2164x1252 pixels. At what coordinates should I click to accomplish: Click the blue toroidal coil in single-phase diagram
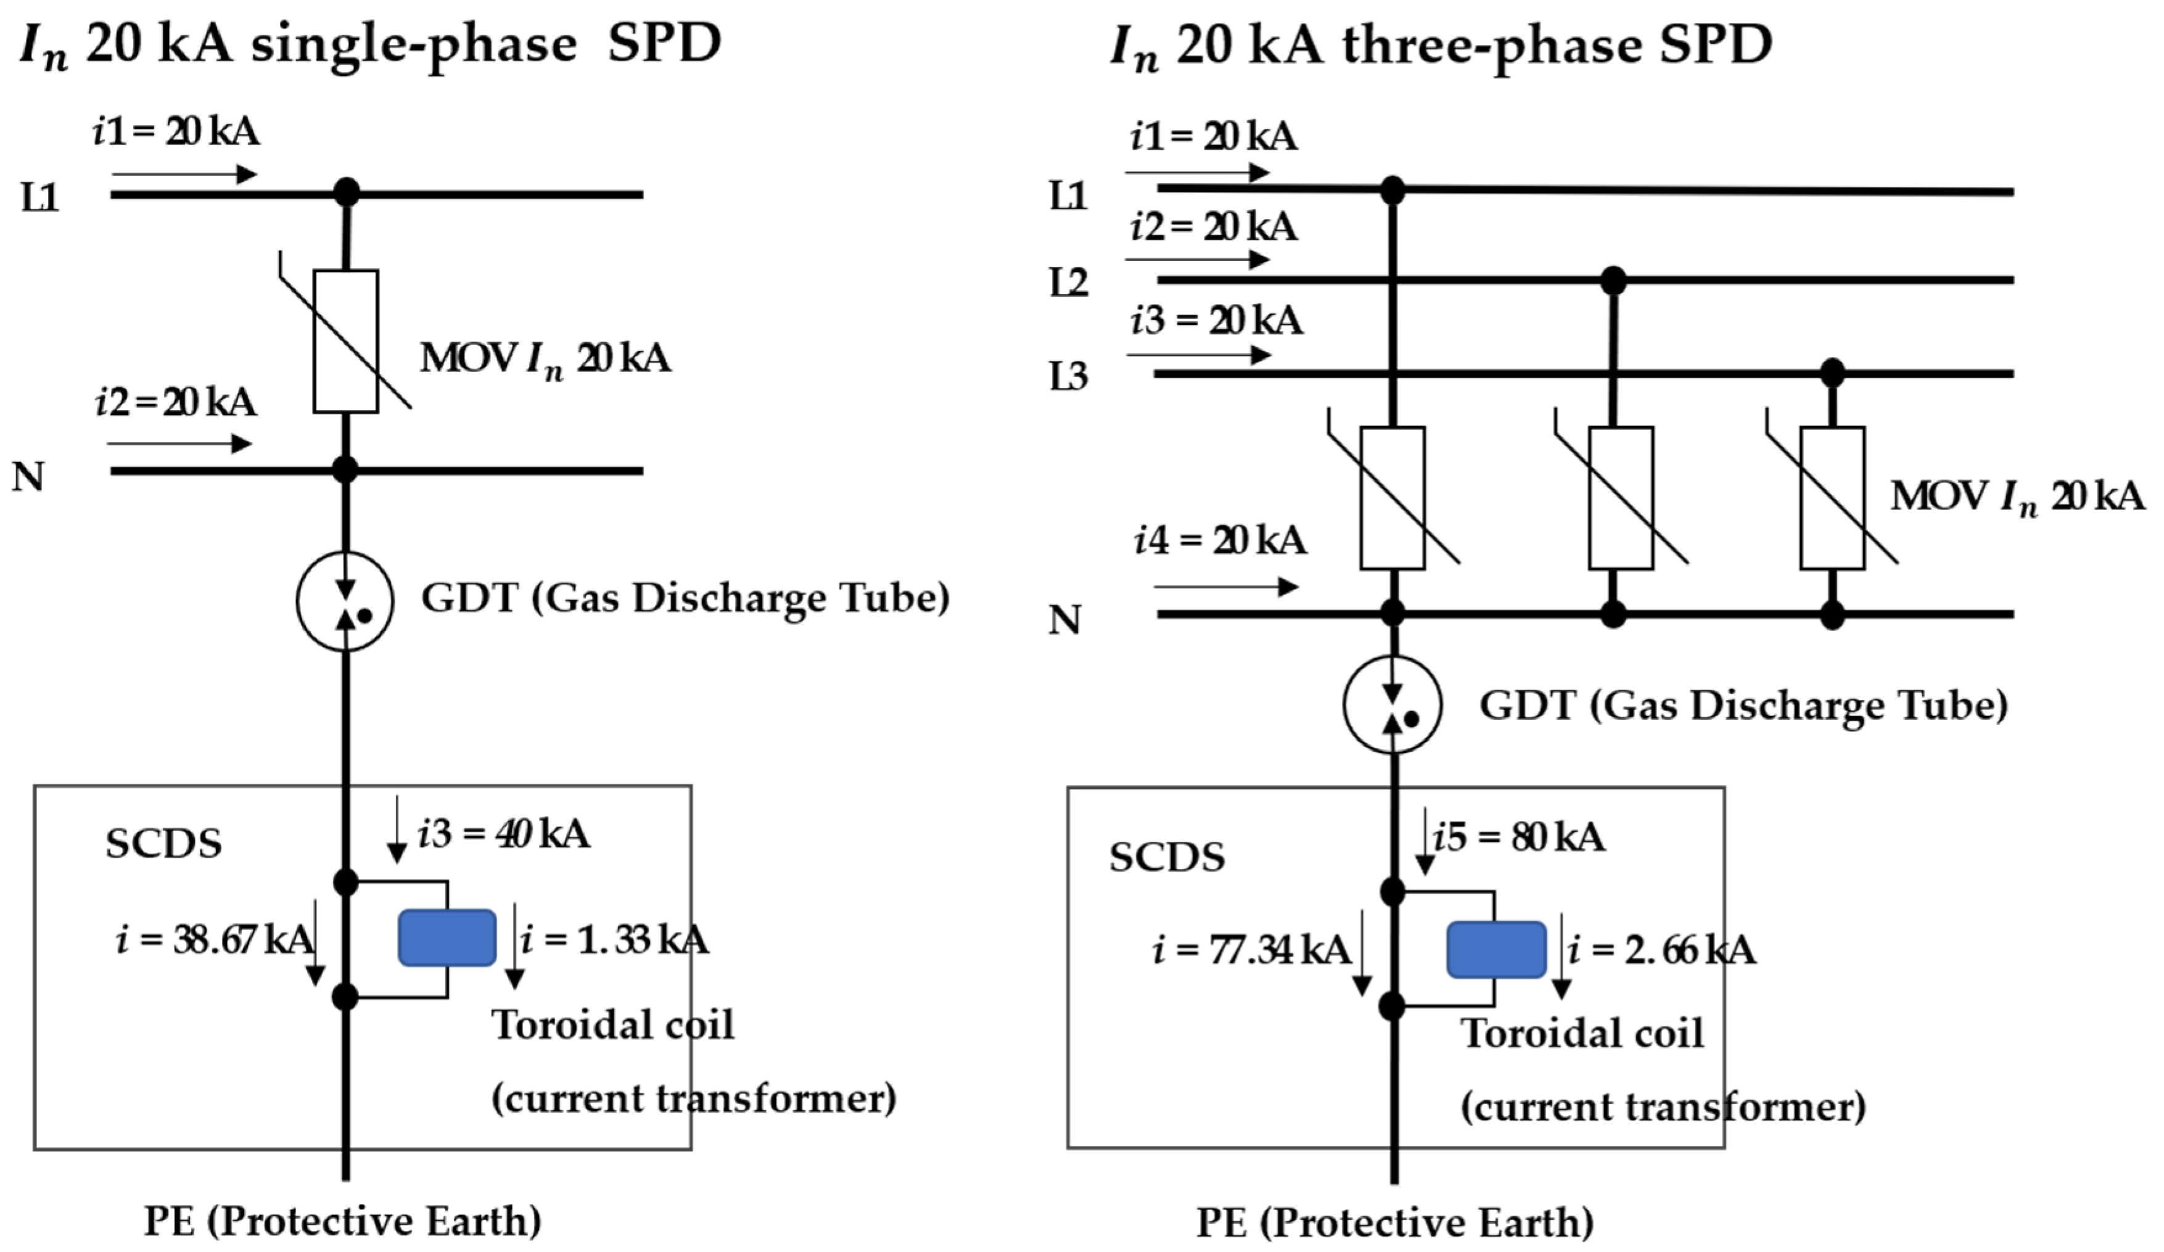tap(446, 937)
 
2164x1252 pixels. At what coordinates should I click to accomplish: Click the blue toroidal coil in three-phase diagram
tap(1496, 950)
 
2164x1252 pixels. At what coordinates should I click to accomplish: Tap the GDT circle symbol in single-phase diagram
tap(345, 601)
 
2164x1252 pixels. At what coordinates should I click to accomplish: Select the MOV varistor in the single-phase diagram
tap(346, 341)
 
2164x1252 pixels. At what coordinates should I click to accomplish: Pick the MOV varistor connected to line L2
tap(1621, 498)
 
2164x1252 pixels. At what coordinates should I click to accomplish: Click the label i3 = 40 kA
tap(504, 834)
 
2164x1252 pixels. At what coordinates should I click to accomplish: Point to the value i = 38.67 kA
tap(215, 941)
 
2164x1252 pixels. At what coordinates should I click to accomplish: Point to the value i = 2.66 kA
tap(1661, 950)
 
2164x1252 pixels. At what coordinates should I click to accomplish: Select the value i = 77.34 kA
tap(1251, 950)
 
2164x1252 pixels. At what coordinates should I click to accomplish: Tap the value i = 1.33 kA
tap(615, 941)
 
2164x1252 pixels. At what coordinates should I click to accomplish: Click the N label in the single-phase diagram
tap(28, 476)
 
